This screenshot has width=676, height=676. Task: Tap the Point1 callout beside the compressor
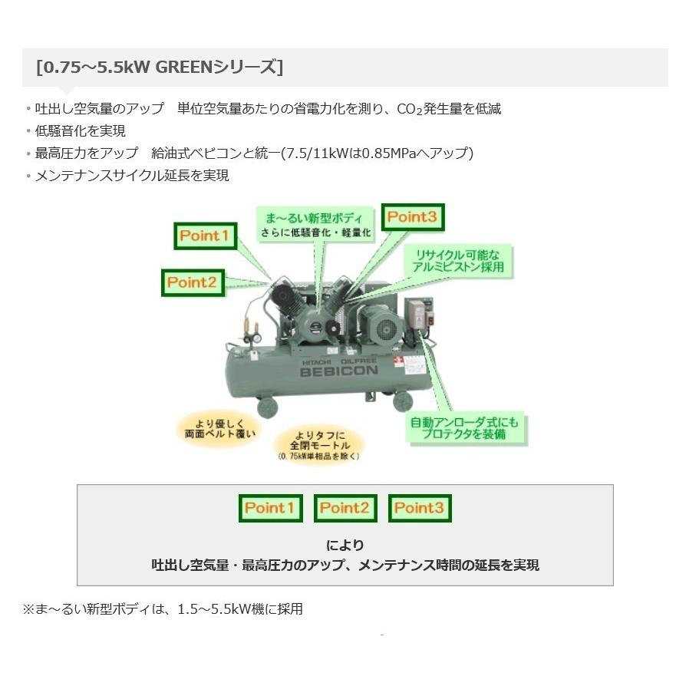click(205, 236)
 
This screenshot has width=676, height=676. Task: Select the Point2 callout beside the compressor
click(193, 283)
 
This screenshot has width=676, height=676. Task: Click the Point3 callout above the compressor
click(413, 217)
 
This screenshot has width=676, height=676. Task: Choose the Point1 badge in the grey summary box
click(270, 508)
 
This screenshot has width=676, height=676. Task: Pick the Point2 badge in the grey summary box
click(345, 508)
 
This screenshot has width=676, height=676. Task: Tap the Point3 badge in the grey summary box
click(420, 508)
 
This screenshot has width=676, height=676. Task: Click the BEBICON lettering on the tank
click(338, 371)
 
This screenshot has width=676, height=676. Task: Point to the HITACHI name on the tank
click(316, 362)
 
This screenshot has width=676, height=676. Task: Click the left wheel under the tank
click(268, 407)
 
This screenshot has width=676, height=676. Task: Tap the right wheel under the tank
click(403, 402)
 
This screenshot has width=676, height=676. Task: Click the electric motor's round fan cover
click(385, 330)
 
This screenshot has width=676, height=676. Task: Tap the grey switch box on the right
click(417, 315)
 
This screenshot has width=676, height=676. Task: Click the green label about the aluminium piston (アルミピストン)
click(458, 261)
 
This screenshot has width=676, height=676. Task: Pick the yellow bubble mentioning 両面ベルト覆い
click(220, 428)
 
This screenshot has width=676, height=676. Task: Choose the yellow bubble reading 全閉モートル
click(319, 444)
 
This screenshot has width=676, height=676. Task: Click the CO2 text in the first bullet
click(410, 110)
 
